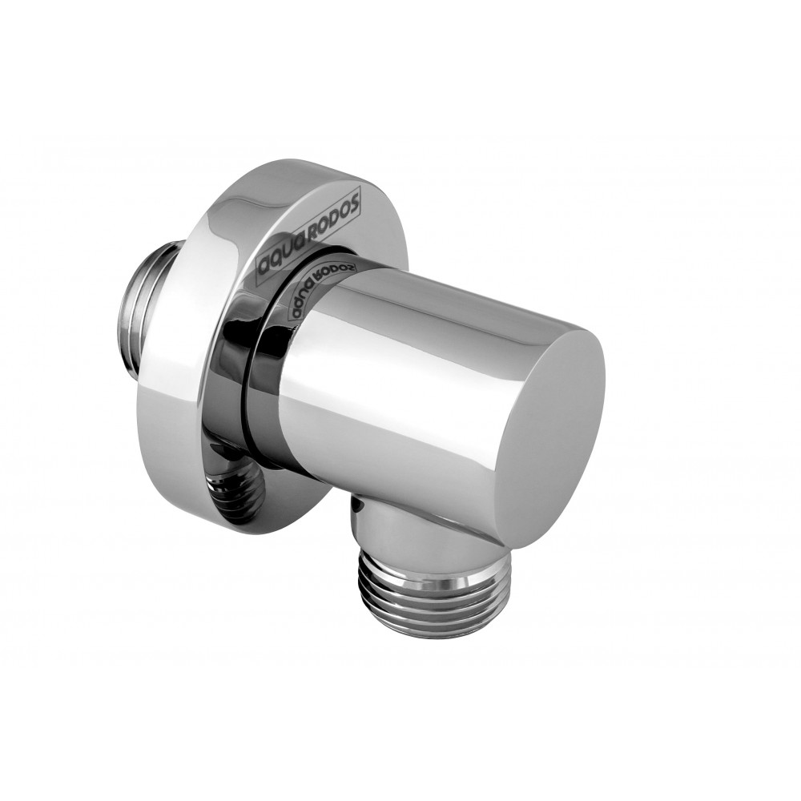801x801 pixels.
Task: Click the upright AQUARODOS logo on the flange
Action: pyautogui.click(x=309, y=233)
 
